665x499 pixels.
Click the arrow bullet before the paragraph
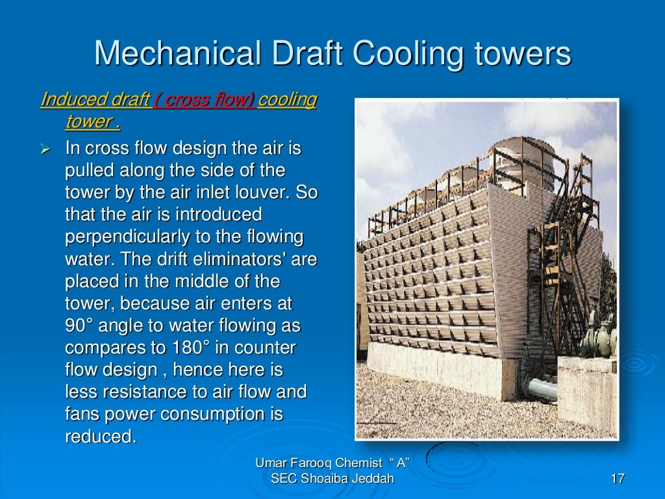[x=45, y=149]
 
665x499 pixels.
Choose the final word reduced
[x=101, y=437]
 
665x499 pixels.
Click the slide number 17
[x=617, y=480]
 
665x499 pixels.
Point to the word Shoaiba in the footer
[x=321, y=479]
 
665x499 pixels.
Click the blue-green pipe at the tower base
[x=539, y=389]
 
